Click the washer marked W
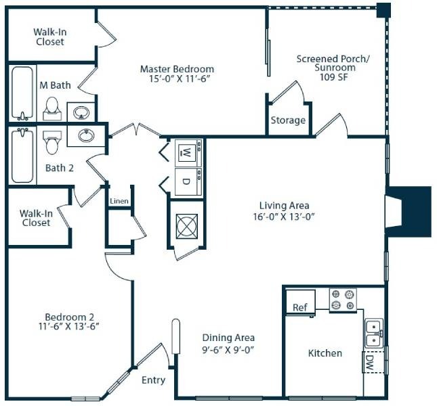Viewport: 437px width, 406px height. tap(188, 153)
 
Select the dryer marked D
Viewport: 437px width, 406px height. tap(188, 182)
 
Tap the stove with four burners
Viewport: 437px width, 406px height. tap(343, 300)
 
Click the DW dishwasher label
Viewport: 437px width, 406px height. tap(370, 362)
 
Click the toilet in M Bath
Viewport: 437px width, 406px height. tap(52, 108)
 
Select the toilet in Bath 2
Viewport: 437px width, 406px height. tap(52, 142)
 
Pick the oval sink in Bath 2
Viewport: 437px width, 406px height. tap(86, 135)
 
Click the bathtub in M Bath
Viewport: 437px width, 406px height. tap(22, 93)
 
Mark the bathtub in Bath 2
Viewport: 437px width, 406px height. tap(22, 155)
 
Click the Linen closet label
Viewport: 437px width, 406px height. tap(119, 201)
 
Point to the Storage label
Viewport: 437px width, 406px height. tap(288, 120)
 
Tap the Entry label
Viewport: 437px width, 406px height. tap(153, 380)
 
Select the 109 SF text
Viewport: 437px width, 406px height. tap(334, 77)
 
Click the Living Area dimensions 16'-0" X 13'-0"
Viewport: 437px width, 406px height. tap(284, 217)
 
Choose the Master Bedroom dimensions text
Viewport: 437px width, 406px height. tap(179, 78)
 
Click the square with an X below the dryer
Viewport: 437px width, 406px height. tap(187, 226)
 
